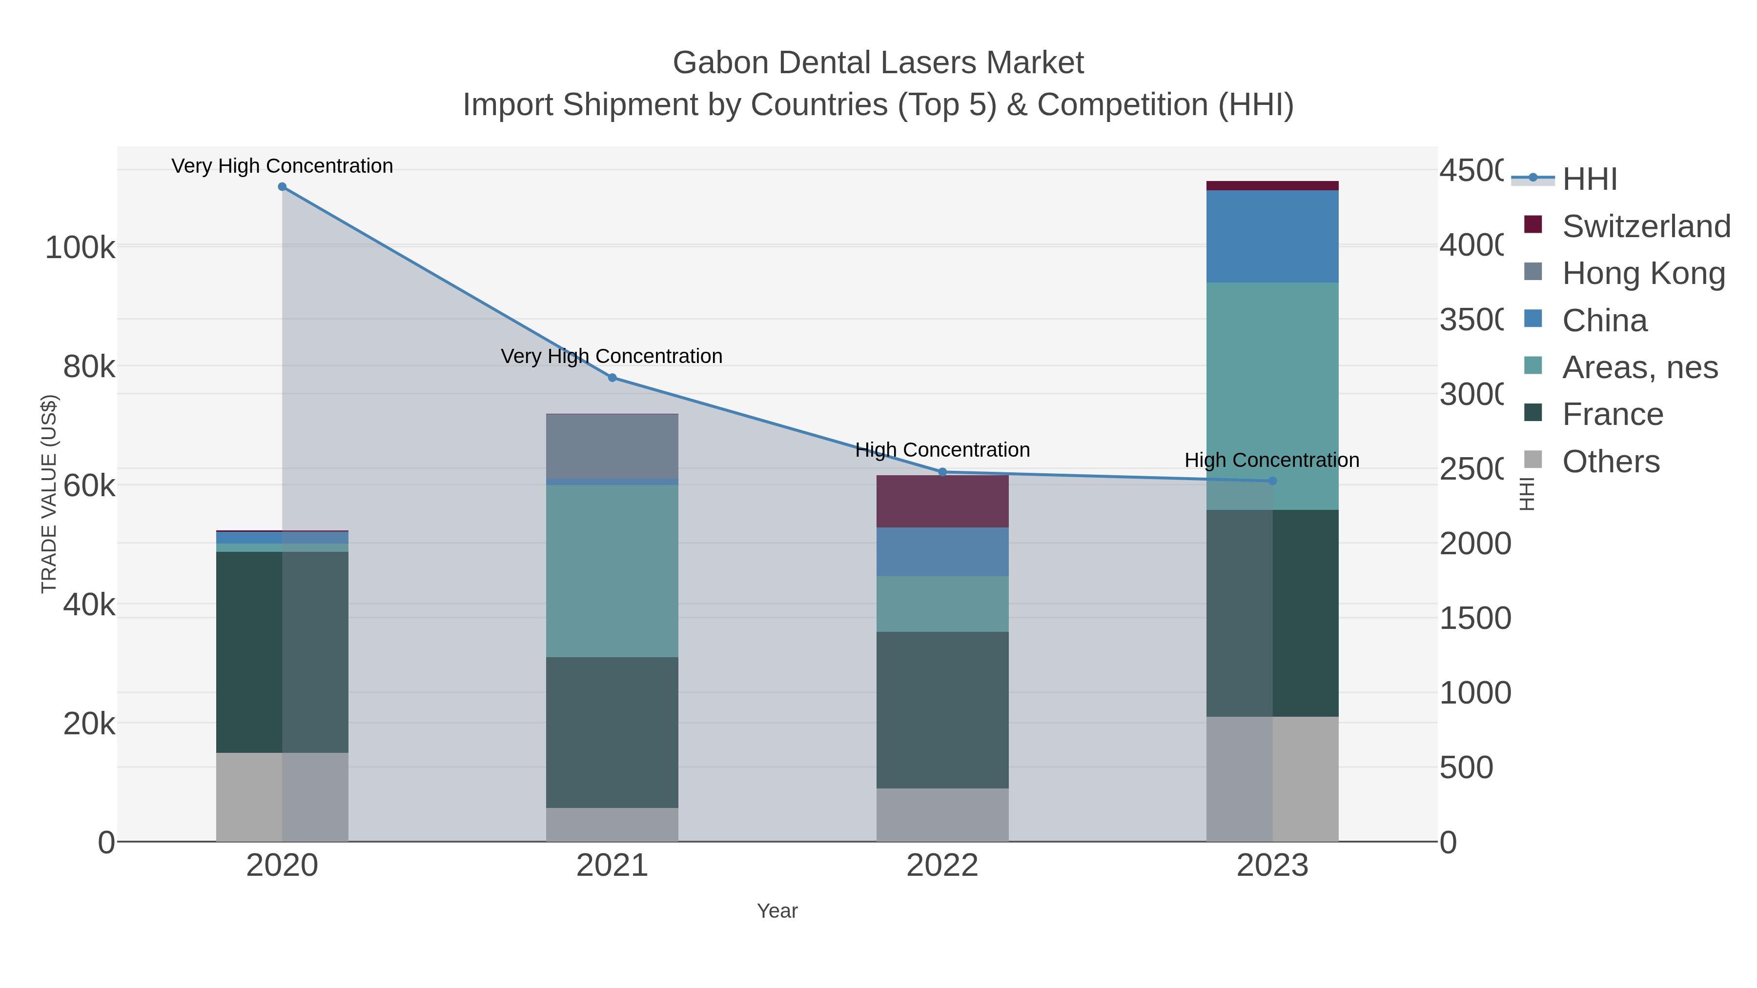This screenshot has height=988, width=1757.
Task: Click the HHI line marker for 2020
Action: click(x=283, y=187)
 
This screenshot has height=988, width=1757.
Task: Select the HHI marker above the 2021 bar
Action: click(x=612, y=378)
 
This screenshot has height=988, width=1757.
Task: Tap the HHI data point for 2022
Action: click(x=942, y=472)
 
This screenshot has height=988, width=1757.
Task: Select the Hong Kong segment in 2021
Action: click(x=612, y=446)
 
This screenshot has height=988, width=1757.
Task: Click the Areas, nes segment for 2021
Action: click(x=612, y=571)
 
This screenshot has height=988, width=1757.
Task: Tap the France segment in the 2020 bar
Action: click(x=283, y=652)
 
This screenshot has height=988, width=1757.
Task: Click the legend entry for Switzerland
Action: click(x=1646, y=226)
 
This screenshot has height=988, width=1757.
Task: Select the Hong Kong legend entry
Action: click(x=1643, y=273)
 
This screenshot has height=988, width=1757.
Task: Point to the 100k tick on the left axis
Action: click(x=80, y=247)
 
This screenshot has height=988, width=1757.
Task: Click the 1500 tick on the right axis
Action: click(x=1474, y=619)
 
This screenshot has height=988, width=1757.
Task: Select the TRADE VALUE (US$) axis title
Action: click(x=49, y=494)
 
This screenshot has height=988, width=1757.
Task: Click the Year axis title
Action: click(x=777, y=911)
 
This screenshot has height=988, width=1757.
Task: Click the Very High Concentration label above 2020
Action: click(x=283, y=166)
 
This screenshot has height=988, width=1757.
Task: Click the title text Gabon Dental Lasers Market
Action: click(x=878, y=63)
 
